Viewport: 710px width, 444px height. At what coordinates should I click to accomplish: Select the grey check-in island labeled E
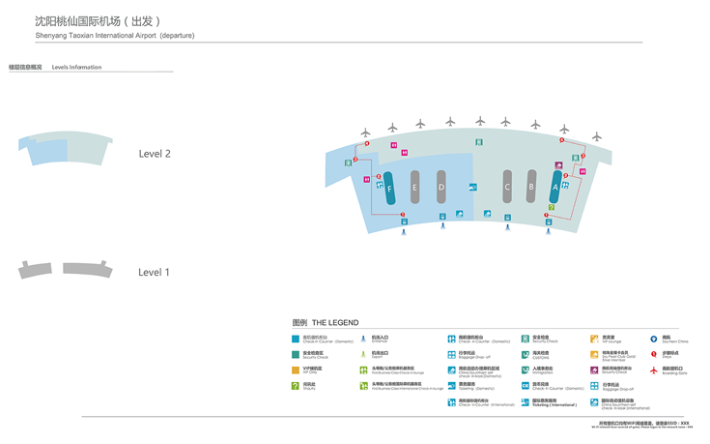click(414, 187)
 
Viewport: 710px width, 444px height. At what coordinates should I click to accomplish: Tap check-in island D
click(441, 187)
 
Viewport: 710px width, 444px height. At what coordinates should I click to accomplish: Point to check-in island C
click(507, 187)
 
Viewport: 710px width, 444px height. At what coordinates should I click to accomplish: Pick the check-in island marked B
click(531, 187)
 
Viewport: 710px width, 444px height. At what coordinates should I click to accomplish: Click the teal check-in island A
click(555, 187)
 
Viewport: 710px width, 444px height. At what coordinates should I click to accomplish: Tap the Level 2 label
click(155, 154)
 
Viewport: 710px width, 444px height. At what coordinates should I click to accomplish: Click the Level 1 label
click(155, 272)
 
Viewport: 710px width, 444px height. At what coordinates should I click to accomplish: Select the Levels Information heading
click(76, 68)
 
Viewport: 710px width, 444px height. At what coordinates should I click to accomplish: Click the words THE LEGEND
click(335, 323)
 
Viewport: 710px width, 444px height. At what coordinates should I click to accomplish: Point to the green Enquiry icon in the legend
click(296, 386)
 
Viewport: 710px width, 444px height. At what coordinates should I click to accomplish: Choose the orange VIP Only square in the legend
click(296, 370)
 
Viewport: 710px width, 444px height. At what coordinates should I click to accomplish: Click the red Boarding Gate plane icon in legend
click(654, 370)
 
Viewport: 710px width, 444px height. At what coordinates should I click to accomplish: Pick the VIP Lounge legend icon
click(595, 340)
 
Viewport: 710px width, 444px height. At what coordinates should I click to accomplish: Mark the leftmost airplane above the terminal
click(366, 133)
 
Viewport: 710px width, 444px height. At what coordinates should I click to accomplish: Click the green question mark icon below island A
click(552, 208)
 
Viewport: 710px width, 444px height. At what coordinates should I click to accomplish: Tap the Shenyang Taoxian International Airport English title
click(114, 36)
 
